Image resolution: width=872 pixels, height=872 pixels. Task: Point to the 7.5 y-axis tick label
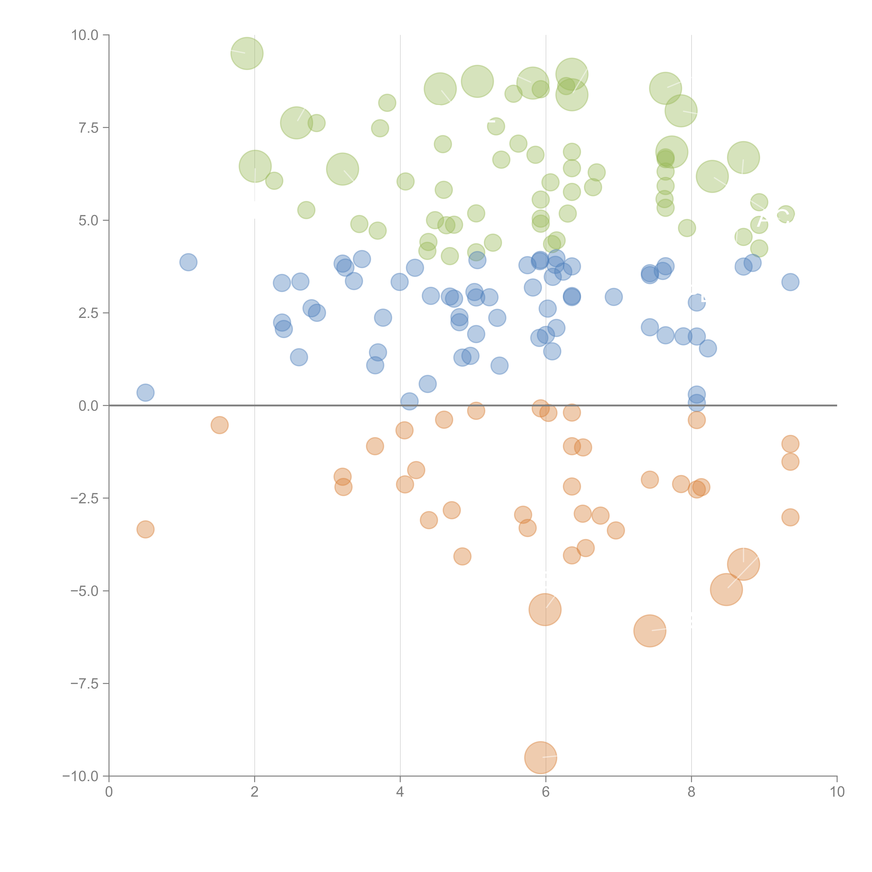[88, 128]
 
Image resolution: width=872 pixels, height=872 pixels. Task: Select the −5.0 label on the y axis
[85, 591]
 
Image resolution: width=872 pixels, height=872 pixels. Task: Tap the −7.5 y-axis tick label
[85, 683]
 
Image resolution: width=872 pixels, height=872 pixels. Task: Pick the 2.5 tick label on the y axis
[88, 313]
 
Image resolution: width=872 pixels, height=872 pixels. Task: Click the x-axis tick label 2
[255, 792]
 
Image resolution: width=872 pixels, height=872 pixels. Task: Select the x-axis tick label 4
[400, 792]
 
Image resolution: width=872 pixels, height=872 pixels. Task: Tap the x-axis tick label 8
[691, 792]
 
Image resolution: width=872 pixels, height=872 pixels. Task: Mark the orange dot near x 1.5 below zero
[219, 425]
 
